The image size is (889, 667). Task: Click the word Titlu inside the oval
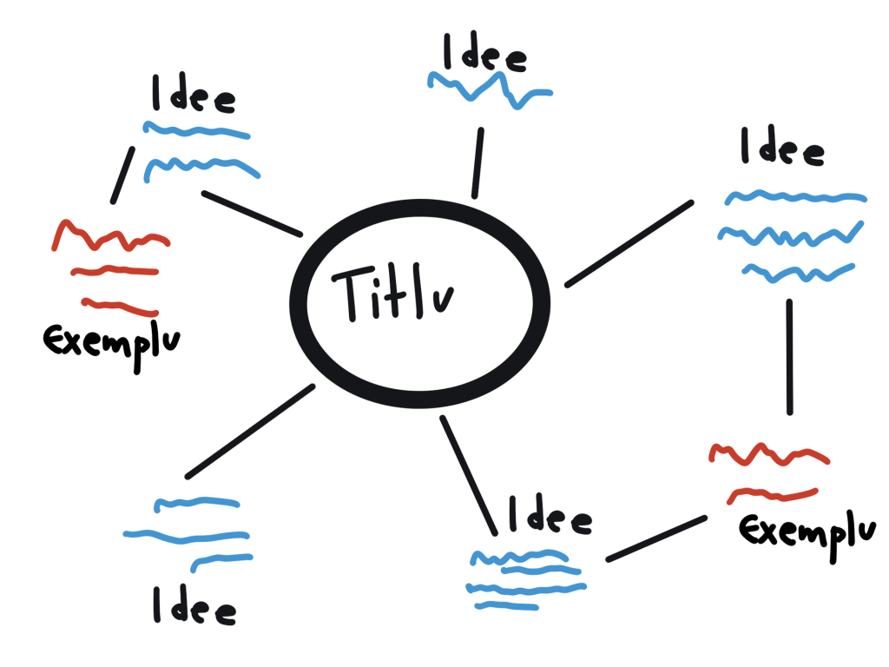click(x=393, y=292)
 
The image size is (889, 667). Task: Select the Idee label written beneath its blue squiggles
click(x=194, y=605)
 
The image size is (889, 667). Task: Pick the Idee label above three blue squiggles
click(x=782, y=146)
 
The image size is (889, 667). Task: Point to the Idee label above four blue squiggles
click(x=550, y=514)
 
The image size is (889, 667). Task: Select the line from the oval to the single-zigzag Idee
click(x=478, y=162)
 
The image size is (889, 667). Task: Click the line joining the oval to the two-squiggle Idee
click(x=252, y=214)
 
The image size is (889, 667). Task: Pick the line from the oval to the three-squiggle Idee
click(x=629, y=244)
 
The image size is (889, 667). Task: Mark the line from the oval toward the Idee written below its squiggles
click(x=250, y=431)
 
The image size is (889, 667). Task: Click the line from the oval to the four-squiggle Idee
click(x=469, y=475)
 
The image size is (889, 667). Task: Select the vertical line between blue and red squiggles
click(x=790, y=357)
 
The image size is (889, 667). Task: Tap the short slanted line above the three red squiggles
click(x=122, y=175)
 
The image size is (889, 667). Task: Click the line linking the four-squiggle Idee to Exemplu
click(x=656, y=538)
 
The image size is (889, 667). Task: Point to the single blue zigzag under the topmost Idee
click(x=490, y=90)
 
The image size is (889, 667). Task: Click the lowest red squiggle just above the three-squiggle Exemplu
click(x=120, y=307)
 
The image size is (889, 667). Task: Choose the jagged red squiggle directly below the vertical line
click(x=769, y=454)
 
